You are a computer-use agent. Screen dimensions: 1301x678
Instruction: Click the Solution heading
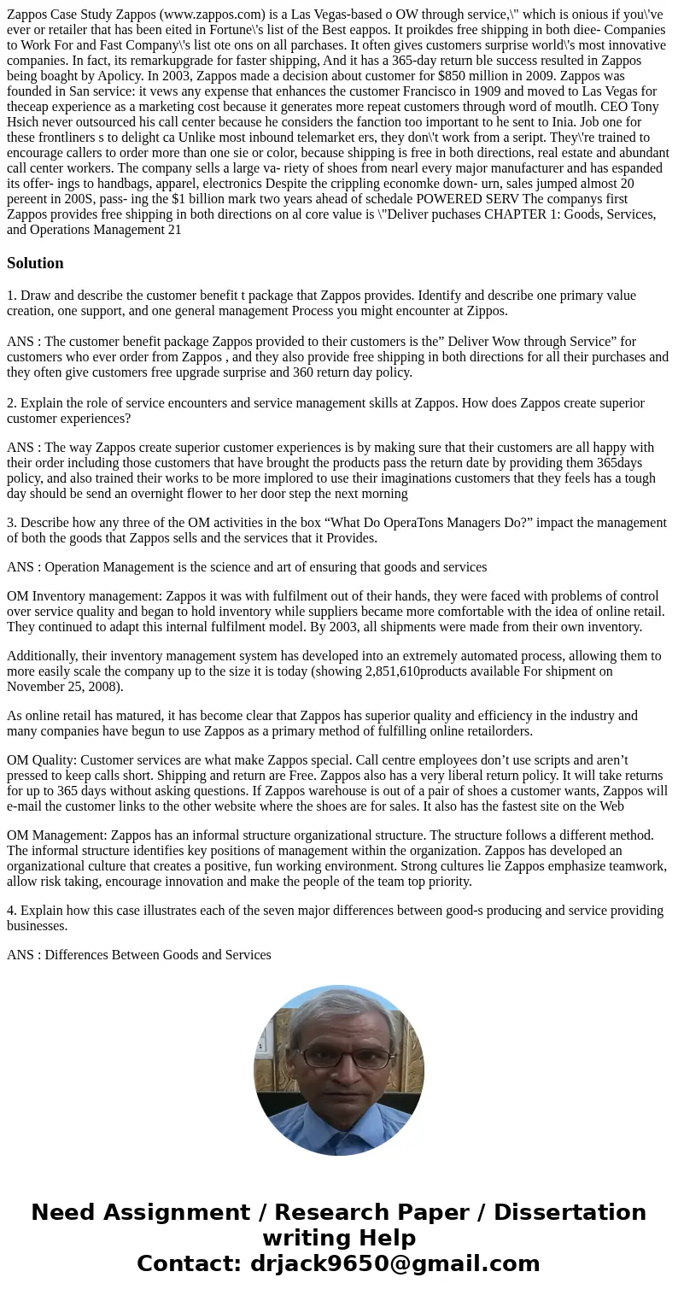click(x=35, y=263)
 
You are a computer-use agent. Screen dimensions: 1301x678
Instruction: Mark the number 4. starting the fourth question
click(x=12, y=911)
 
